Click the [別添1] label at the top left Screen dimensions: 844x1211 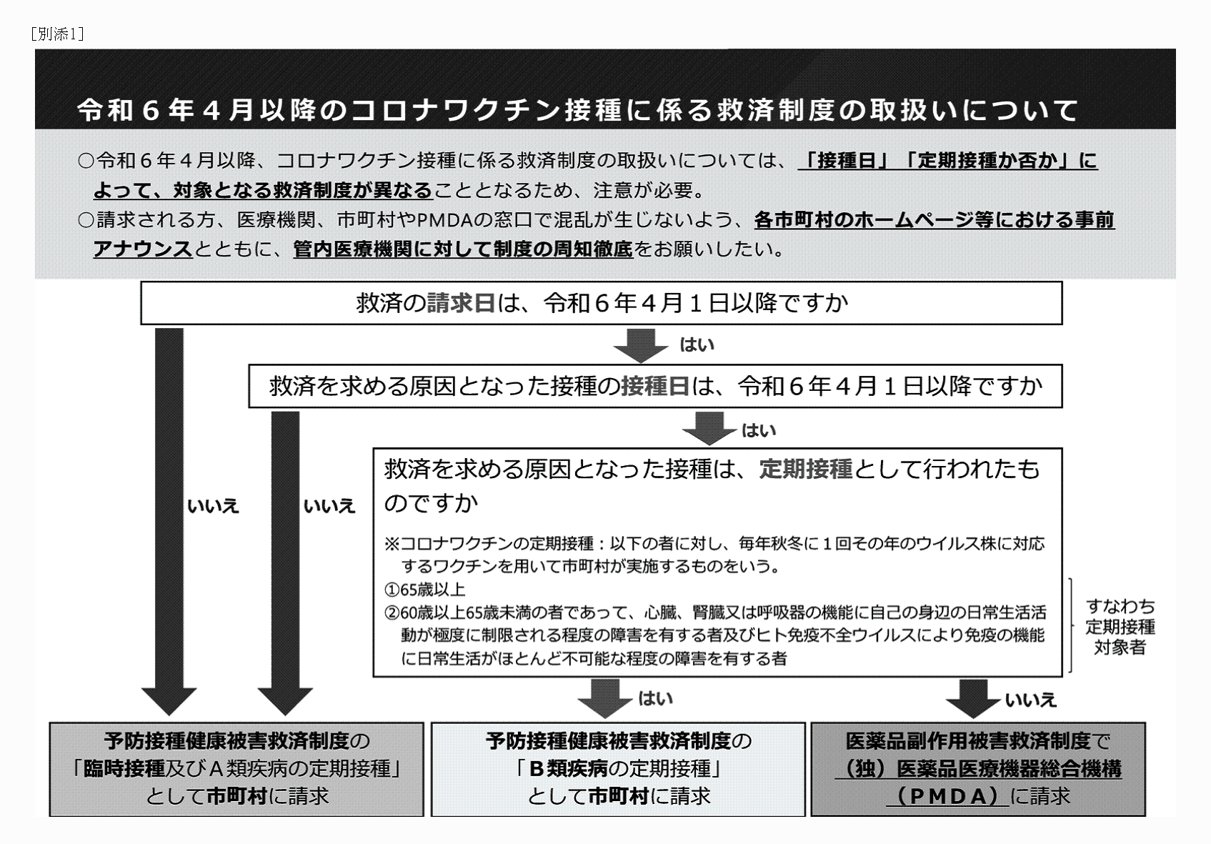pyautogui.click(x=58, y=34)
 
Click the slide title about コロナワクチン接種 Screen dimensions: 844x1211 pyautogui.click(x=577, y=110)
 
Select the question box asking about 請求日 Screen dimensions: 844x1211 pyautogui.click(x=601, y=303)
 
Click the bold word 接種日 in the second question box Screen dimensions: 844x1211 pyautogui.click(x=654, y=387)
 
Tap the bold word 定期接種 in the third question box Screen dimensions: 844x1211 pyautogui.click(x=805, y=469)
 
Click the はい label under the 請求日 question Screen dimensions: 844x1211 pyautogui.click(x=697, y=345)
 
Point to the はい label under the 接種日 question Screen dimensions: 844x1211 pyautogui.click(x=759, y=430)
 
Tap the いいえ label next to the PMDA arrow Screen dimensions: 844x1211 pyautogui.click(x=1030, y=700)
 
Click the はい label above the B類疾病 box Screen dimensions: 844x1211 pyautogui.click(x=655, y=698)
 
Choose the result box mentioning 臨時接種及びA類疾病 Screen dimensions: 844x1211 pyautogui.click(x=236, y=769)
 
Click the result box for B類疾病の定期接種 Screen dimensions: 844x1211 pyautogui.click(x=618, y=769)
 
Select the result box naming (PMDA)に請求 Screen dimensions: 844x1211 pyautogui.click(x=977, y=769)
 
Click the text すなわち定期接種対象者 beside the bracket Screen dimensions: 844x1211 pyautogui.click(x=1120, y=627)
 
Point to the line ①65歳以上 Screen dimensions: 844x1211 pyautogui.click(x=425, y=590)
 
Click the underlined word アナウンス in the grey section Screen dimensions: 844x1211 pyautogui.click(x=142, y=249)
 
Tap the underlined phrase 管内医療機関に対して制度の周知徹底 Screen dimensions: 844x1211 pyautogui.click(x=463, y=249)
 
